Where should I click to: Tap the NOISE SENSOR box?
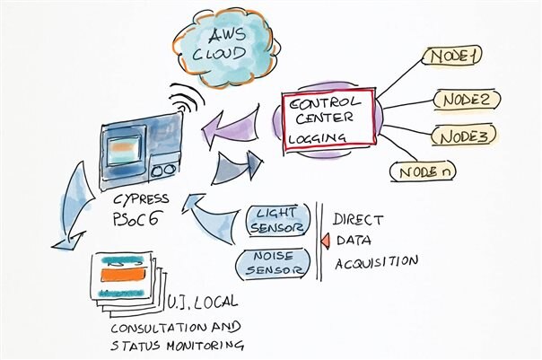point(273,264)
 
